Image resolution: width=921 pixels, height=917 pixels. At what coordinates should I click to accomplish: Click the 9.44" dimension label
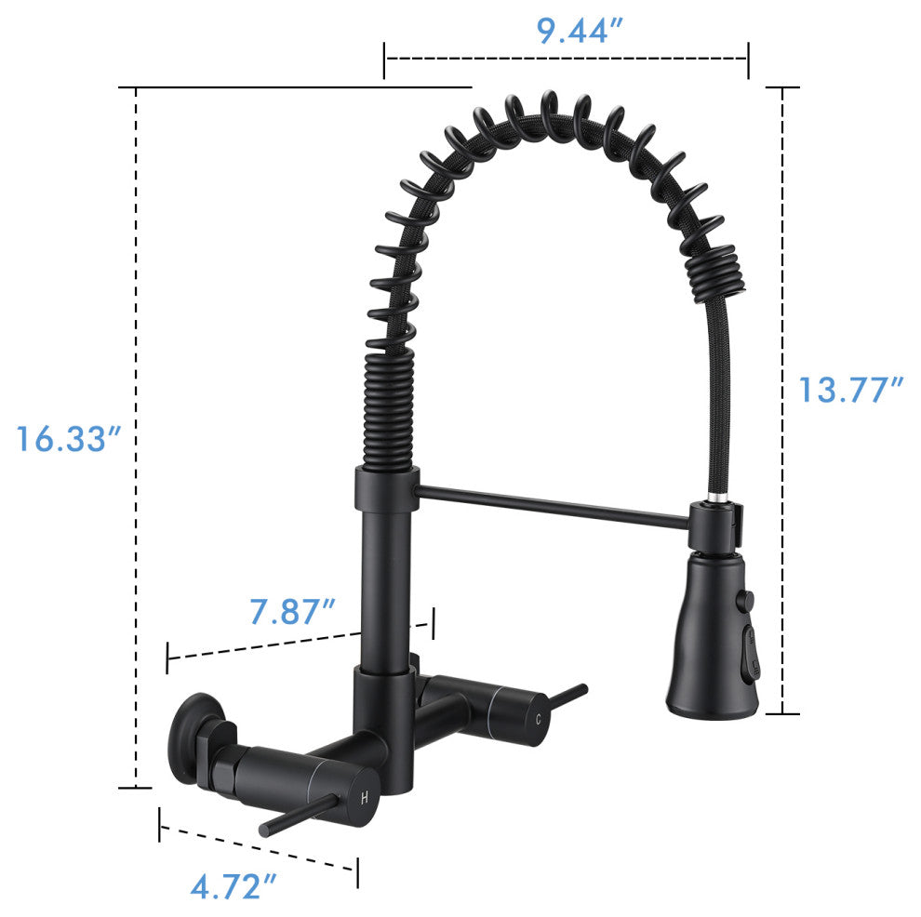pyautogui.click(x=580, y=31)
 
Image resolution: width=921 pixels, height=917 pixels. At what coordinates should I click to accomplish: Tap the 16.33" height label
pyautogui.click(x=68, y=439)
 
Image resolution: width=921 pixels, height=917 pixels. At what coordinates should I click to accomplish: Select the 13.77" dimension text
pyautogui.click(x=850, y=390)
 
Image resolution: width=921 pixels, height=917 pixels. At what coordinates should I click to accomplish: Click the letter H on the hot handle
pyautogui.click(x=365, y=798)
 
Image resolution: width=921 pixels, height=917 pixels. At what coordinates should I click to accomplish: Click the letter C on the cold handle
pyautogui.click(x=539, y=719)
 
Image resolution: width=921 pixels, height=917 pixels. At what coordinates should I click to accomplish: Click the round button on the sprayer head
pyautogui.click(x=745, y=600)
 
